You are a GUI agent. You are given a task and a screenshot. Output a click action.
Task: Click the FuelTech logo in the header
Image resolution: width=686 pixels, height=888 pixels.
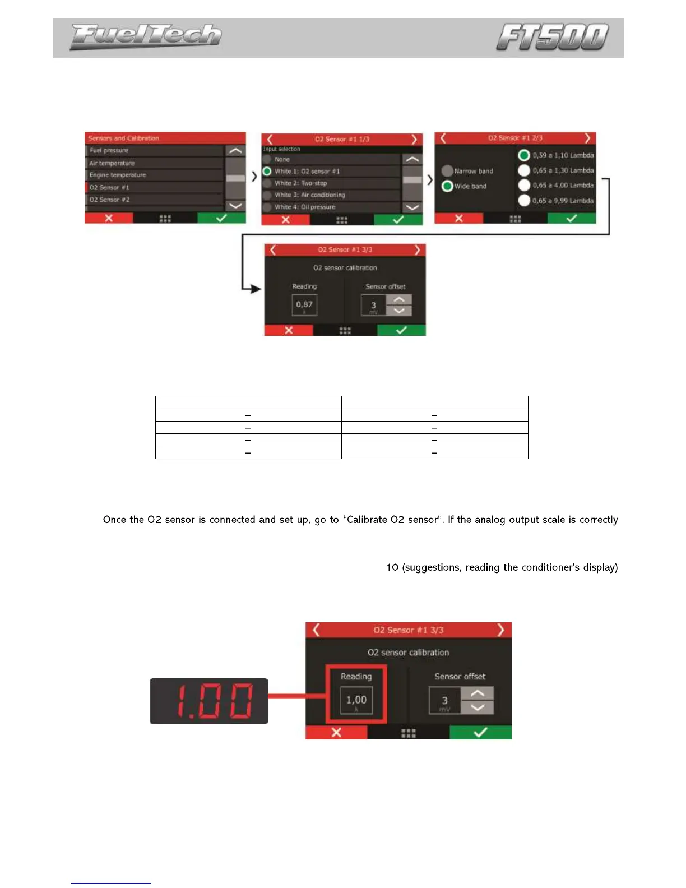pyautogui.click(x=145, y=36)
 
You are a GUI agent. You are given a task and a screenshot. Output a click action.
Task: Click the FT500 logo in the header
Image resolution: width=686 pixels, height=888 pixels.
pyautogui.click(x=552, y=37)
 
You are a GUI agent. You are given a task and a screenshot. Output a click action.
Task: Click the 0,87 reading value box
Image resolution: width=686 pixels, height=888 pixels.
pyautogui.click(x=304, y=306)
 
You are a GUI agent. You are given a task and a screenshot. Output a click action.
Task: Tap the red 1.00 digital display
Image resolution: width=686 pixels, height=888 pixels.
pyautogui.click(x=208, y=701)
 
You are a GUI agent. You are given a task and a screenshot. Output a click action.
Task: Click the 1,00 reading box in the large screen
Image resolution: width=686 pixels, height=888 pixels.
pyautogui.click(x=356, y=701)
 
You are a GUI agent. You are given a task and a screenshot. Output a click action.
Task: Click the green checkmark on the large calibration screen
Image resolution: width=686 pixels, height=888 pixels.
pyautogui.click(x=480, y=732)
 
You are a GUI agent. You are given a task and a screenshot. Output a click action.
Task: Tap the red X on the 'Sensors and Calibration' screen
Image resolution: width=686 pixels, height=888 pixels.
pyautogui.click(x=109, y=218)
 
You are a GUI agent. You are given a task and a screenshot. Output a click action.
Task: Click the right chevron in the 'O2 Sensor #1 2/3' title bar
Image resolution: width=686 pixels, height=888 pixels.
pyautogui.click(x=587, y=138)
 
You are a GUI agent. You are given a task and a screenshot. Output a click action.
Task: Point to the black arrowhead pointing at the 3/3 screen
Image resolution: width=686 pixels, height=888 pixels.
pyautogui.click(x=256, y=289)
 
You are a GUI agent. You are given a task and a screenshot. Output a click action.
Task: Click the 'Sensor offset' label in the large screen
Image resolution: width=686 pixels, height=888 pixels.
pyautogui.click(x=460, y=677)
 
